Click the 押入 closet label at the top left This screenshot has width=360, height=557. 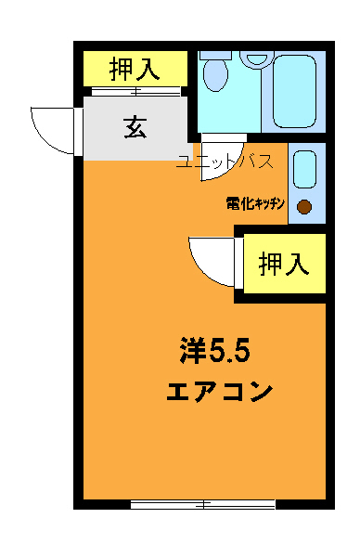[135, 68]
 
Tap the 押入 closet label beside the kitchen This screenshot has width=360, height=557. [283, 265]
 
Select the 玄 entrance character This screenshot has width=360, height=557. [135, 128]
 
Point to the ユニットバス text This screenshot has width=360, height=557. [225, 162]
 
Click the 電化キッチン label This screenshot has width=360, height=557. [254, 201]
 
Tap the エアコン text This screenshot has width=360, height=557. [219, 391]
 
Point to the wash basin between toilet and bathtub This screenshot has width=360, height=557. [254, 58]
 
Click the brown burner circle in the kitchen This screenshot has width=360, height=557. [303, 207]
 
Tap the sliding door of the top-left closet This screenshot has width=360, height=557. [135, 91]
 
